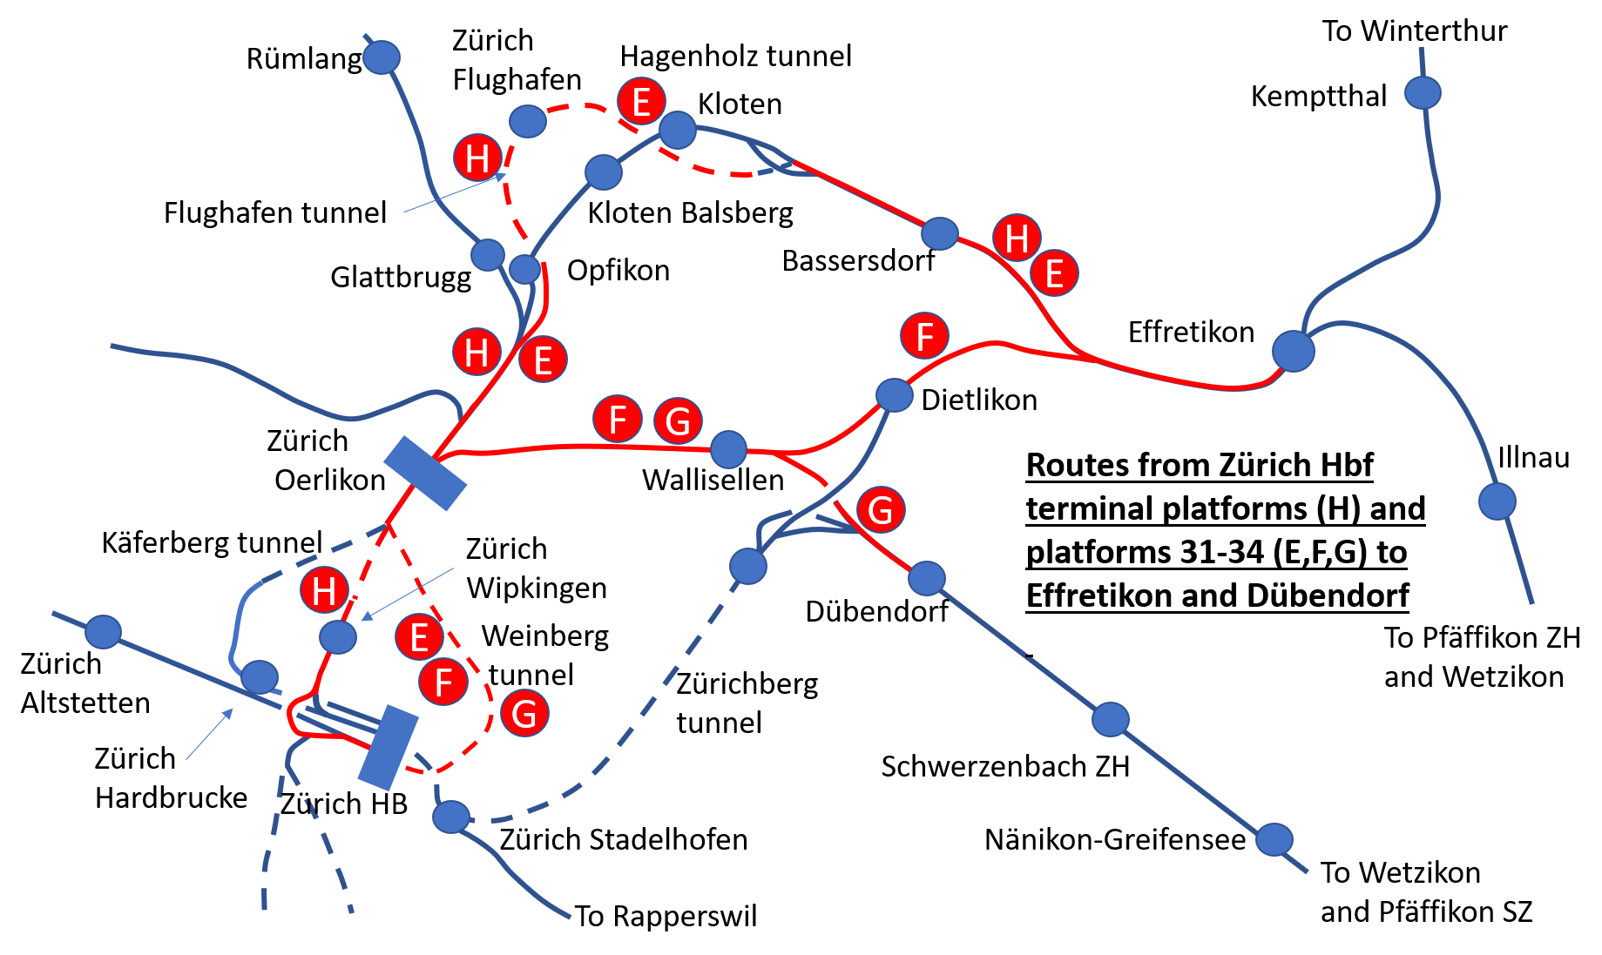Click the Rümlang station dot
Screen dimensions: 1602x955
tap(382, 57)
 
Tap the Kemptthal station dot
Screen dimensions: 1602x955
tap(1423, 92)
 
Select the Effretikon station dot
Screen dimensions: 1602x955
tap(1294, 351)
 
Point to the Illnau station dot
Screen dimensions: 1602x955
tap(1497, 501)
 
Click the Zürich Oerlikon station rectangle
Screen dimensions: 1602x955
tap(425, 473)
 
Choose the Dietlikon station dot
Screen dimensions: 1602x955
tap(894, 394)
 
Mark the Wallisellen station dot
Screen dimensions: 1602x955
tap(729, 449)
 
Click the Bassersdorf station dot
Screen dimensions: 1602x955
tap(940, 233)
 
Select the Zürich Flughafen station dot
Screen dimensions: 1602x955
tap(528, 121)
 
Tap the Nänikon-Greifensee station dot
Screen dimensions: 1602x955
tap(1274, 839)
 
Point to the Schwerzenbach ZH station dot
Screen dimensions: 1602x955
tap(1111, 719)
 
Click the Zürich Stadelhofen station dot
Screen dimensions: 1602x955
tap(451, 817)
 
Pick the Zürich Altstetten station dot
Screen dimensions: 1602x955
tap(104, 632)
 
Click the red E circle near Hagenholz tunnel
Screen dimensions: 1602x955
tap(642, 102)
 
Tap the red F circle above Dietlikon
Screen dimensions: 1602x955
tap(925, 336)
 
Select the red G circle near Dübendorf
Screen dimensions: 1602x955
tap(881, 510)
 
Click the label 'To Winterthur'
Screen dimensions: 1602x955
tap(1415, 31)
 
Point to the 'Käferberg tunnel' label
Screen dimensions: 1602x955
tap(212, 542)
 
